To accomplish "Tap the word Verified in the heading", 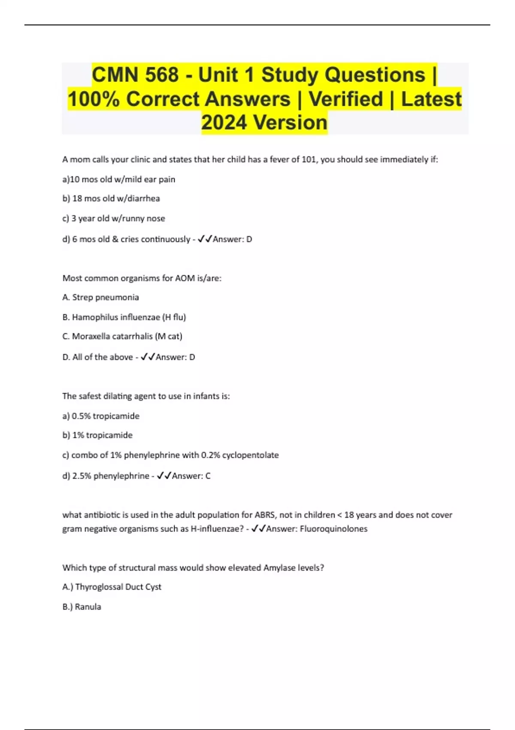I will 346,99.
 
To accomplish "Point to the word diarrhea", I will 143,198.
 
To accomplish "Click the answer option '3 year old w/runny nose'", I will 114,218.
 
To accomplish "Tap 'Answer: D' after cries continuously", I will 232,239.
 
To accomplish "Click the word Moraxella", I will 91,336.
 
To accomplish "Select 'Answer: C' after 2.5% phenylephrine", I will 191,476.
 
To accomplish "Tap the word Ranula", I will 88,607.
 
